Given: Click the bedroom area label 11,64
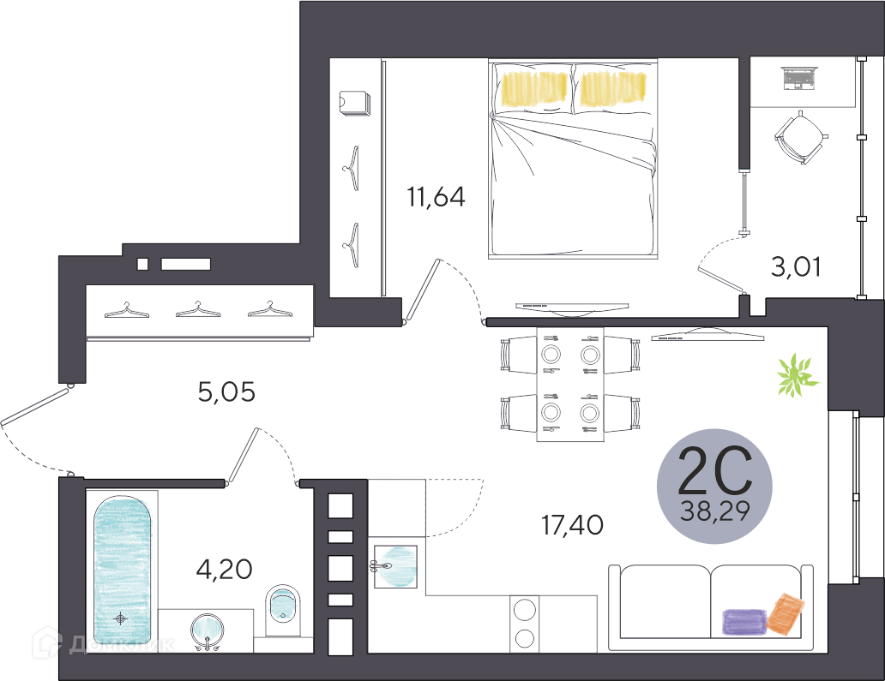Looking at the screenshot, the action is coord(436,197).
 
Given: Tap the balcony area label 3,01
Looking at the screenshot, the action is coord(796,266).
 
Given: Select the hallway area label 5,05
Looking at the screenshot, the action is coord(226,391).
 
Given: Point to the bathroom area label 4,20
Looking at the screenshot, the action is coord(224,570).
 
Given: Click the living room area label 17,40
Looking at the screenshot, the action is coord(572,525).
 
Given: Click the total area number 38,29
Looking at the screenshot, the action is coord(714,511).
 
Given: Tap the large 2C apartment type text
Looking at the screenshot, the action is coord(714,470).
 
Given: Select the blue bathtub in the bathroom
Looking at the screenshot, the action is coord(122,570).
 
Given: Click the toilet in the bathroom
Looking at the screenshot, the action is coord(283,611).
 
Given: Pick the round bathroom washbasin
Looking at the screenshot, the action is coord(207,630).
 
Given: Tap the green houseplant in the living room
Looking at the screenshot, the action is coord(797,375).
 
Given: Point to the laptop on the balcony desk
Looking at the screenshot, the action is coord(799,78).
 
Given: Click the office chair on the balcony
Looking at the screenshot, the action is coord(801,137).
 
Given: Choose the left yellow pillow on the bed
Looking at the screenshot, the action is coord(533,89).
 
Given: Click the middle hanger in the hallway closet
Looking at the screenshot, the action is coord(197,309).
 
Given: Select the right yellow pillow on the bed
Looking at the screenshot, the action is coord(613,88).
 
